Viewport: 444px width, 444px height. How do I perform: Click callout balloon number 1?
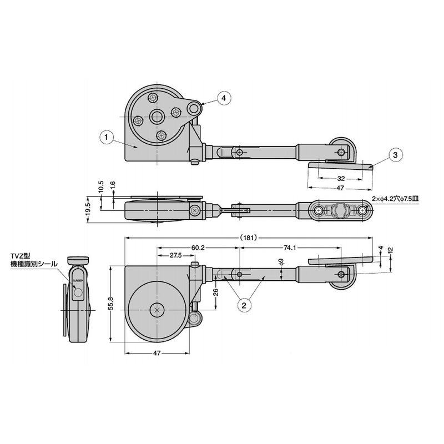click(x=107, y=137)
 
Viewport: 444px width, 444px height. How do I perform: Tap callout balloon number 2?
click(x=244, y=305)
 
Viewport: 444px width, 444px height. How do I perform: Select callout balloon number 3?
click(x=395, y=155)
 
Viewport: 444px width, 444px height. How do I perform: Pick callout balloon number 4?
click(x=224, y=98)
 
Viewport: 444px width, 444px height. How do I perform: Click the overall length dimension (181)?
click(x=248, y=238)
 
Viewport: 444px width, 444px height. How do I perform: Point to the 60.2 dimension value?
click(x=198, y=248)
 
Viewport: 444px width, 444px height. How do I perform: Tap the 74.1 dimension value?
click(x=290, y=248)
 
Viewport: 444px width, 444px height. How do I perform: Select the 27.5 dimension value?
click(x=175, y=255)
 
